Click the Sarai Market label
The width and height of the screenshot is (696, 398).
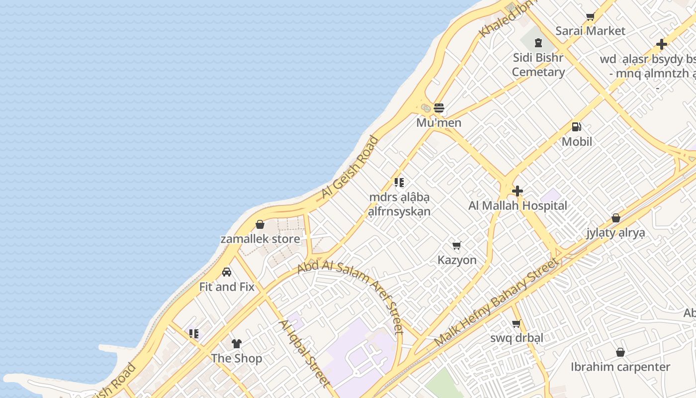click(590, 31)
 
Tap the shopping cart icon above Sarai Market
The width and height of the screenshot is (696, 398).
click(590, 17)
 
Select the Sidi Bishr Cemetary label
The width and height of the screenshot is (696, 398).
click(538, 65)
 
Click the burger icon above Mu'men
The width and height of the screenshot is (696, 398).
click(438, 108)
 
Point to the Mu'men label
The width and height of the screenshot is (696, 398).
click(438, 123)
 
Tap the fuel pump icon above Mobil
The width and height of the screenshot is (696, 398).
click(577, 127)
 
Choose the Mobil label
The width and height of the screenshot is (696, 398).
click(577, 142)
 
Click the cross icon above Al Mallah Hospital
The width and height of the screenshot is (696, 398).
click(518, 191)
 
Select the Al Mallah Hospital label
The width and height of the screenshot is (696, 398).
click(518, 205)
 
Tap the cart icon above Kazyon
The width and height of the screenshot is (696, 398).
click(457, 245)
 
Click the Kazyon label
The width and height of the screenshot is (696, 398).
click(457, 260)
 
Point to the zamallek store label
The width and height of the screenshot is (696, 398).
click(260, 239)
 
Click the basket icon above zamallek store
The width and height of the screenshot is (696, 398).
click(260, 225)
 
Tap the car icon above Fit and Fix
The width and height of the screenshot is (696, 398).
click(227, 272)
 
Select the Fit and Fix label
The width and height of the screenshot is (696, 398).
click(227, 287)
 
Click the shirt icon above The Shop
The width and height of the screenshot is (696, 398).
click(237, 344)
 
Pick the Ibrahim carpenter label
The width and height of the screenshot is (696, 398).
click(620, 367)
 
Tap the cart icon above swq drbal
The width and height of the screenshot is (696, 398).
click(517, 324)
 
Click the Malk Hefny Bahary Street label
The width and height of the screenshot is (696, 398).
click(496, 302)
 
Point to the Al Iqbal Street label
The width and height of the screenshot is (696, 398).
click(304, 353)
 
